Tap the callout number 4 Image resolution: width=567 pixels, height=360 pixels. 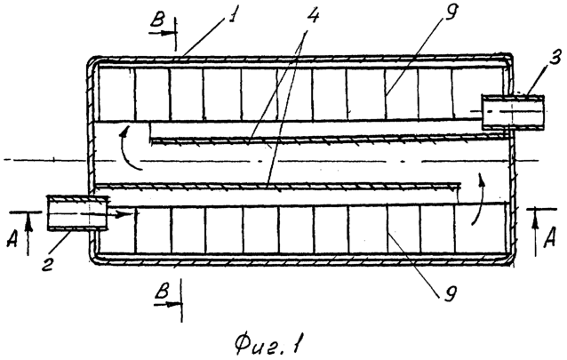313,14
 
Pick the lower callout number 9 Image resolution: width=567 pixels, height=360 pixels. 449,292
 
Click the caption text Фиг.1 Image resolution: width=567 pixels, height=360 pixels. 268,344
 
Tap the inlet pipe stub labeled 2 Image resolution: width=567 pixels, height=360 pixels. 77,212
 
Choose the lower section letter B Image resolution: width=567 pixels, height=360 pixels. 163,290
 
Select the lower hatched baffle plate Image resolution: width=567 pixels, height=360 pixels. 278,186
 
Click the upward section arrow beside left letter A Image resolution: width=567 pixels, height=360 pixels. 29,232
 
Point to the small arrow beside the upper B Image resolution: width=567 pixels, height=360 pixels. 163,33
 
